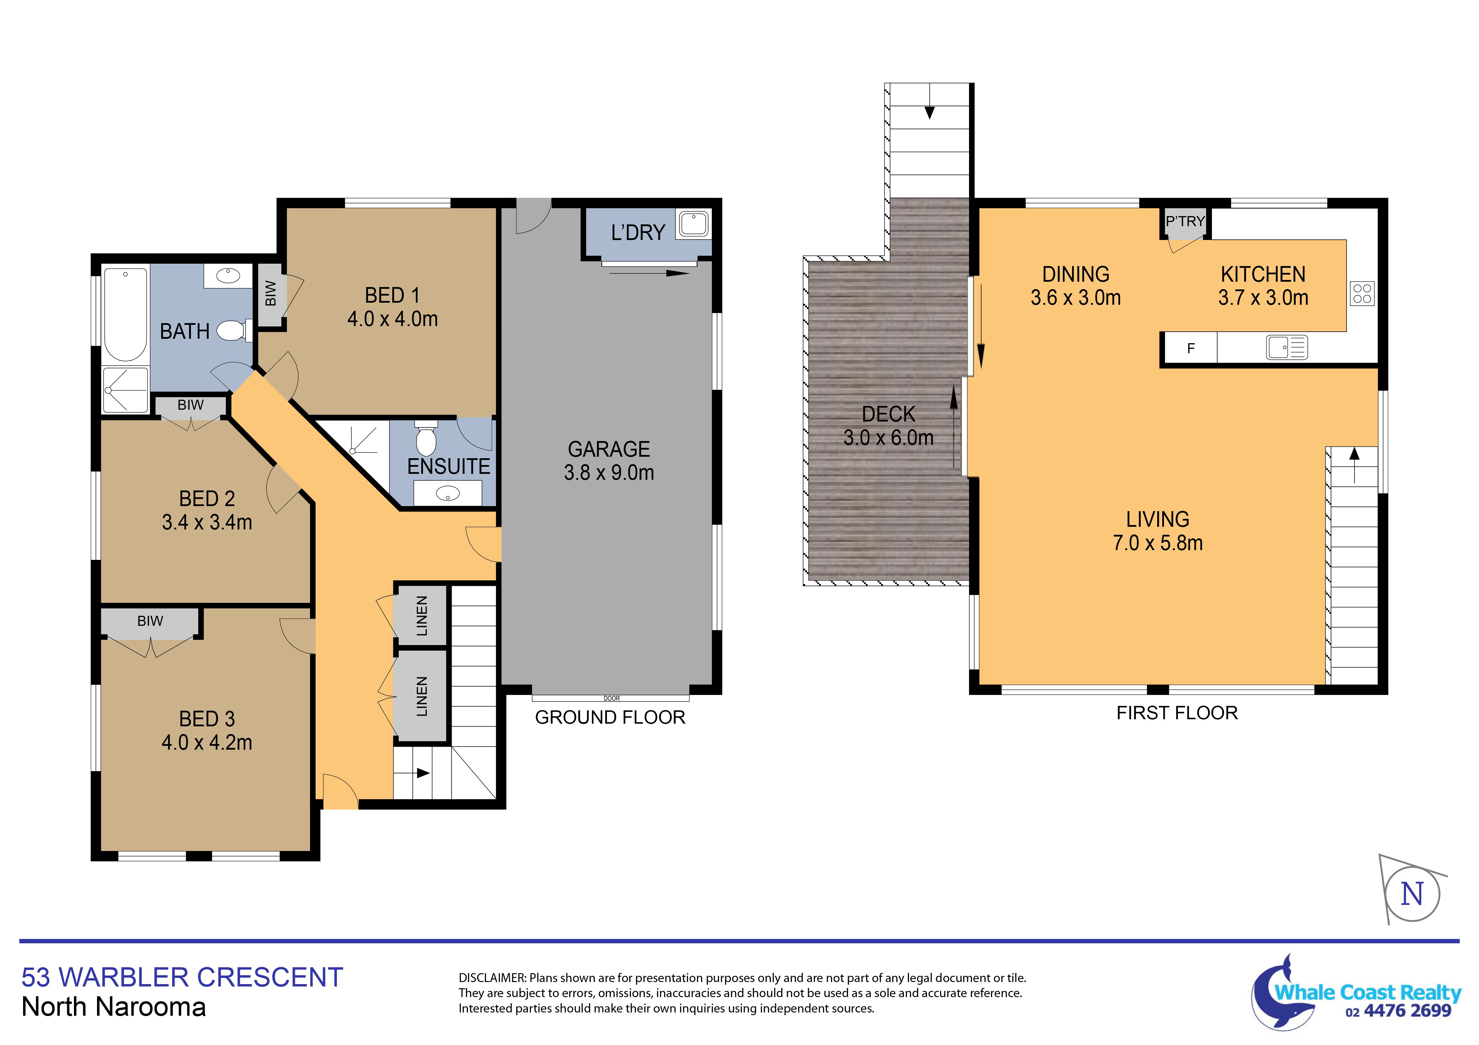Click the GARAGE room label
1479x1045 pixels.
coord(609,449)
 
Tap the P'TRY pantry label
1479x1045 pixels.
coord(1185,221)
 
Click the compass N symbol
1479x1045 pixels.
coord(1412,894)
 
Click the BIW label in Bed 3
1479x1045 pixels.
coord(150,621)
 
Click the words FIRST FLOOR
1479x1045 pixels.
coord(1177,713)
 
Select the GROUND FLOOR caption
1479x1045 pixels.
coord(610,717)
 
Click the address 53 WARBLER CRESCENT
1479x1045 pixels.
coord(182,977)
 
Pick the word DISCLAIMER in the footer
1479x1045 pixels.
coord(492,978)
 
